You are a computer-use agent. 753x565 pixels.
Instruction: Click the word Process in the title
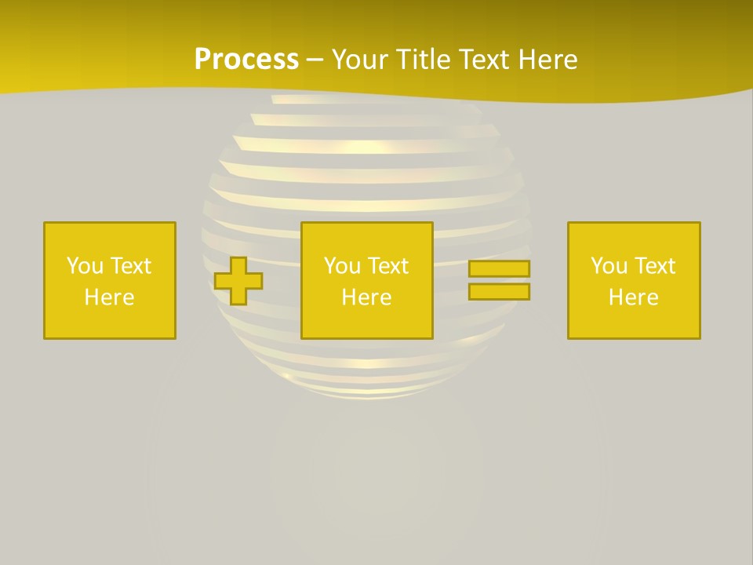(x=246, y=60)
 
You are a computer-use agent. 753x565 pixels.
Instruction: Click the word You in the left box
(x=85, y=266)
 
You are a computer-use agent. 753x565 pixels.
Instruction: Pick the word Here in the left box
(x=109, y=297)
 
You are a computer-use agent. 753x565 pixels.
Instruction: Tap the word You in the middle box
(x=342, y=266)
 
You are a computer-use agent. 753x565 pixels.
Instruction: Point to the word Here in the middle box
(x=366, y=297)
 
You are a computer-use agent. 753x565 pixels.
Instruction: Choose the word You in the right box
(x=609, y=266)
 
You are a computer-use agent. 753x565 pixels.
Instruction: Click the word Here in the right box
(x=633, y=297)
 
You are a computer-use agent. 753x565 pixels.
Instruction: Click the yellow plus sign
(x=238, y=281)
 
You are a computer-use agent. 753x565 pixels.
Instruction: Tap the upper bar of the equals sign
(x=499, y=268)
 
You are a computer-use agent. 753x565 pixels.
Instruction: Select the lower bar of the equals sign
(x=499, y=291)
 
